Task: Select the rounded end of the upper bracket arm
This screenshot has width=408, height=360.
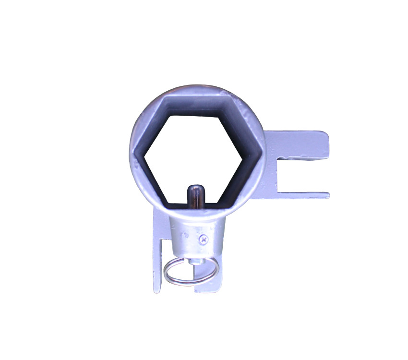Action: (x=326, y=144)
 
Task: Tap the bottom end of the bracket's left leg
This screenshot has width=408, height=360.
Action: (x=157, y=289)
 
